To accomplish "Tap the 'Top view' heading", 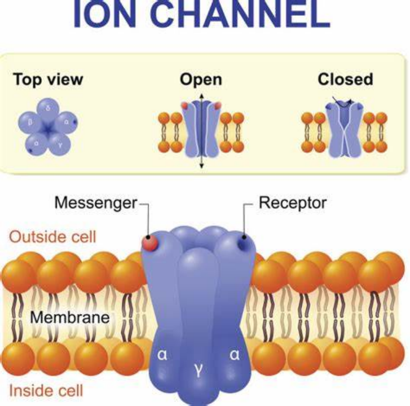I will [x=48, y=80].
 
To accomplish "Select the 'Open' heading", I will [x=201, y=80].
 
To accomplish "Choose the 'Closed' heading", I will [x=345, y=80].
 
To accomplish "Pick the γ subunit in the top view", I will [x=60, y=144].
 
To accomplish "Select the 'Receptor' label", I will [x=292, y=202].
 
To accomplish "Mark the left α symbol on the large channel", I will [x=162, y=356].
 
